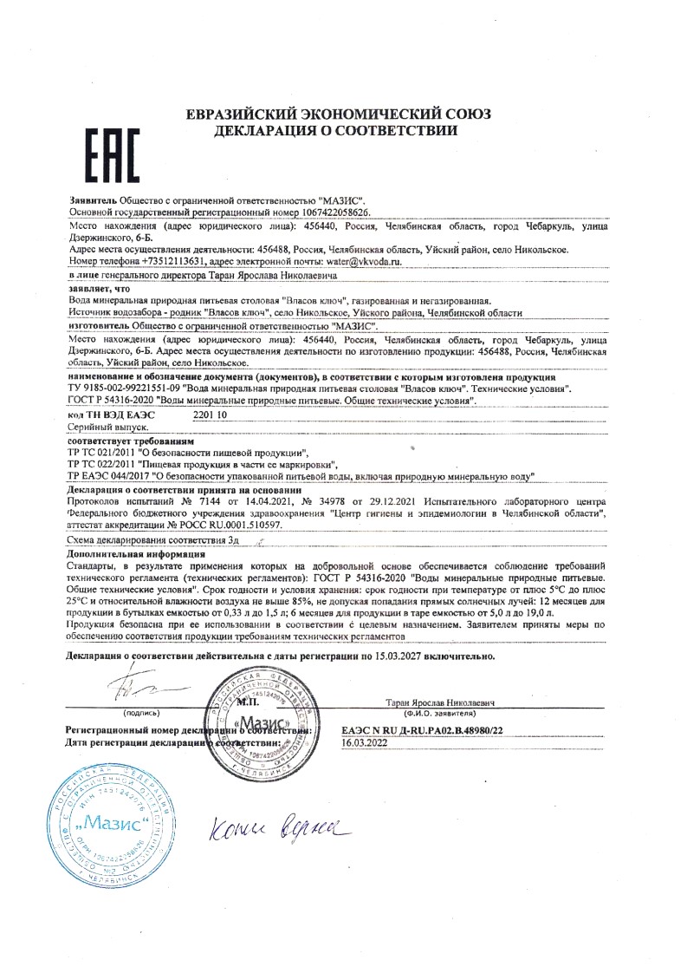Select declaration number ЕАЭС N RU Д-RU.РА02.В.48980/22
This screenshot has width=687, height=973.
[422, 732]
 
